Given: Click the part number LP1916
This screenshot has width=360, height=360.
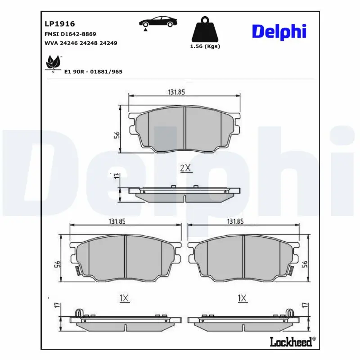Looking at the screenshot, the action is (x=60, y=24).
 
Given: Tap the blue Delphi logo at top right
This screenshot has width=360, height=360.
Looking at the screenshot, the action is (x=279, y=31).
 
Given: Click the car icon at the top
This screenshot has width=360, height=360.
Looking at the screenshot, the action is (x=158, y=22).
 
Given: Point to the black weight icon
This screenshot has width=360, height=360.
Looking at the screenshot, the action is (x=205, y=29).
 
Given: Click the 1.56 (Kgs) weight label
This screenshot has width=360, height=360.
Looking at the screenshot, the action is (x=205, y=46).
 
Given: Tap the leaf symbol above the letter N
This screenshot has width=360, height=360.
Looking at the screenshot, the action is (x=53, y=62).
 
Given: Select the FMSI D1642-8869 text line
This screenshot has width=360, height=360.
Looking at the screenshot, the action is (x=70, y=34).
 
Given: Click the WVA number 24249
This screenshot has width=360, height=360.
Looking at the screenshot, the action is (x=108, y=43).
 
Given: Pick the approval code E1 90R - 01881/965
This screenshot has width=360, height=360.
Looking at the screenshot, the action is (x=93, y=72).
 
